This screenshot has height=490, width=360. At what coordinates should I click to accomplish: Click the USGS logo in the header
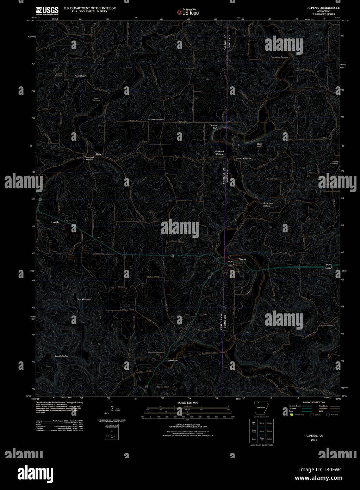pos(47,11)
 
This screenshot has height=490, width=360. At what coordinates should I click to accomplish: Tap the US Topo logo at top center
pos(188,12)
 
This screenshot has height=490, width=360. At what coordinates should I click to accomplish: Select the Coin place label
pos(98,154)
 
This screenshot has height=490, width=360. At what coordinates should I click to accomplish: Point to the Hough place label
pos(55,222)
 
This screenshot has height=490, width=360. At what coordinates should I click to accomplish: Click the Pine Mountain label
pos(84,299)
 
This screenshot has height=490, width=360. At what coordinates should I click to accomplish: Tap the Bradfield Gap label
pos(62,356)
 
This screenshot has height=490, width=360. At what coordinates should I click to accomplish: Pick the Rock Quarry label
pos(81,76)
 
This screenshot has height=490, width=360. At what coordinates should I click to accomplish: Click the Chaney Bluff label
pos(213,127)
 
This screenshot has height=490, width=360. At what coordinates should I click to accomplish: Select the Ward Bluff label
pos(260,145)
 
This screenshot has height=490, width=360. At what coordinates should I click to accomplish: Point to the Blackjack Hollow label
pos(220,153)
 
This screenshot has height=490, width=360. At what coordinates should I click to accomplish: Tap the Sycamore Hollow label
pos(268,204)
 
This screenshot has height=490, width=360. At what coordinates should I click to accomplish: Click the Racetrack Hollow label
pos(90,158)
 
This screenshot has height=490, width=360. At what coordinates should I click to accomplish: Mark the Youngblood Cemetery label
pos(280,57)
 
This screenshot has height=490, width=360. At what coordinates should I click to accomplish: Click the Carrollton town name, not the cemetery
pos(172,361)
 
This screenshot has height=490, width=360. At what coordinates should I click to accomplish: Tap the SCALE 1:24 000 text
pos(188,403)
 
